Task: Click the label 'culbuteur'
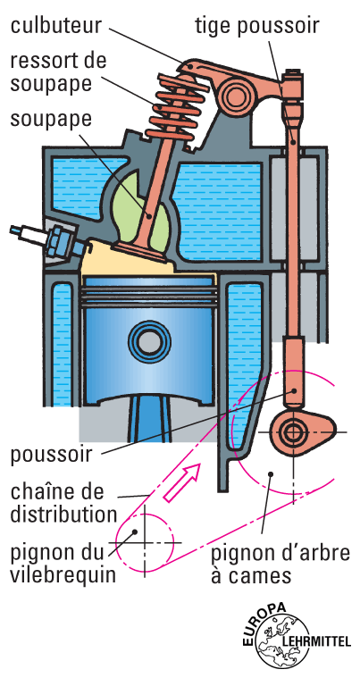pos(56,25)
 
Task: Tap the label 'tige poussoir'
pos(257,26)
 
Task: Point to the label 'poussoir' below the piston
pos(52,455)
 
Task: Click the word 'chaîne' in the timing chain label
pos(39,491)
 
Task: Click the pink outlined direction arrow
pos(182,482)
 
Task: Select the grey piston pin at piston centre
pos(149,342)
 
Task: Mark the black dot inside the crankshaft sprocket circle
pos(135,531)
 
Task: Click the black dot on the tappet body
pos(294,389)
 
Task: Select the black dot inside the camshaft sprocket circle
pos(271,473)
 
